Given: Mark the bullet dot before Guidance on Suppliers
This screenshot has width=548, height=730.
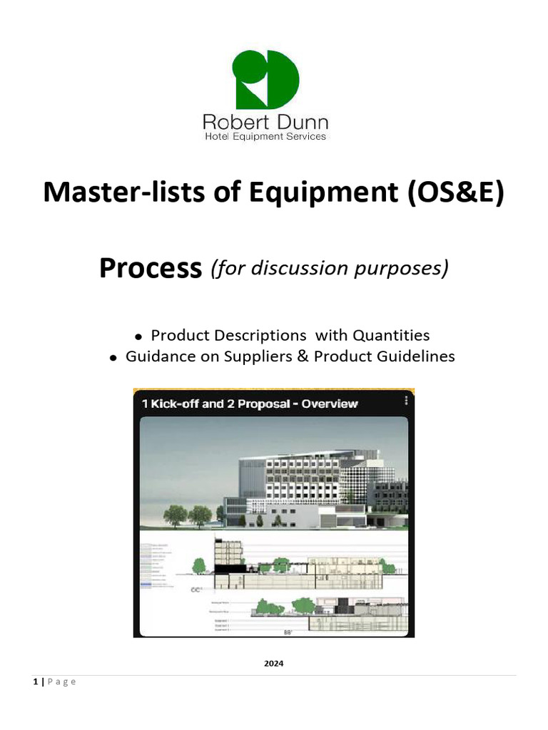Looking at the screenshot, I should pos(113,358).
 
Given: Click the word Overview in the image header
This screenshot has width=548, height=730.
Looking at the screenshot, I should pos(330,403).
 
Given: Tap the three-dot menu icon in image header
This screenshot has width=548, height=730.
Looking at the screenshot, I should pos(405,401).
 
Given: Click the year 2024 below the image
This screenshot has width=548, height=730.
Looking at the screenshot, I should pos(273,664).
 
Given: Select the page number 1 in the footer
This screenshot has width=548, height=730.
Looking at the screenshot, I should pos(35,682).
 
